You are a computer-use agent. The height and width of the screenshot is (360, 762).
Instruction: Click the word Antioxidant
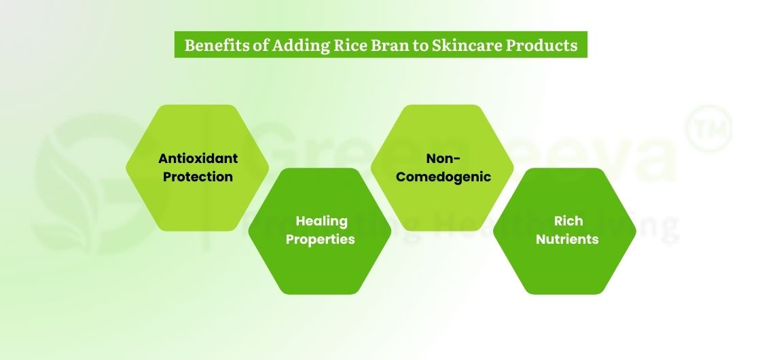pos(198,158)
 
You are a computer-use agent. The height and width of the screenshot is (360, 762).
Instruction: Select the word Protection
pos(198,177)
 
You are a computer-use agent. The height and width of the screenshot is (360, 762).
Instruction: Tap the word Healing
pos(321,221)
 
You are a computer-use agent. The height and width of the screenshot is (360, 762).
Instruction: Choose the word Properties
pos(320,239)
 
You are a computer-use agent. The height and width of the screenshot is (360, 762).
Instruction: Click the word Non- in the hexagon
pos(443,158)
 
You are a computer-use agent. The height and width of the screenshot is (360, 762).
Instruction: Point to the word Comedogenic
pos(443,177)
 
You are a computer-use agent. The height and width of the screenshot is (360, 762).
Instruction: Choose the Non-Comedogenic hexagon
pos(443,136)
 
